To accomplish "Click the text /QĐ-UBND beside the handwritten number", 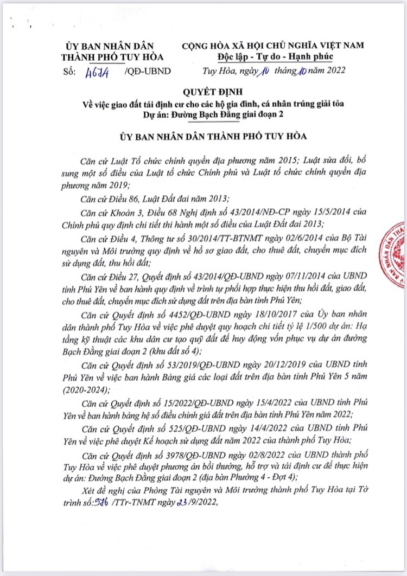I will click(148, 71).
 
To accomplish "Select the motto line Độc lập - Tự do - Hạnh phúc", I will click(273, 56).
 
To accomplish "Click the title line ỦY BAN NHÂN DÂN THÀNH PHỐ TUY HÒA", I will click(207, 137).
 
